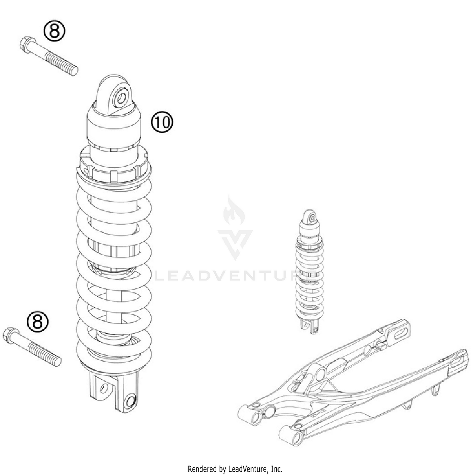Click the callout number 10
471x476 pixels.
click(162, 122)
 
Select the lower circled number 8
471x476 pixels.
click(37, 321)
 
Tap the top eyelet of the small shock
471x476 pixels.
click(312, 218)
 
